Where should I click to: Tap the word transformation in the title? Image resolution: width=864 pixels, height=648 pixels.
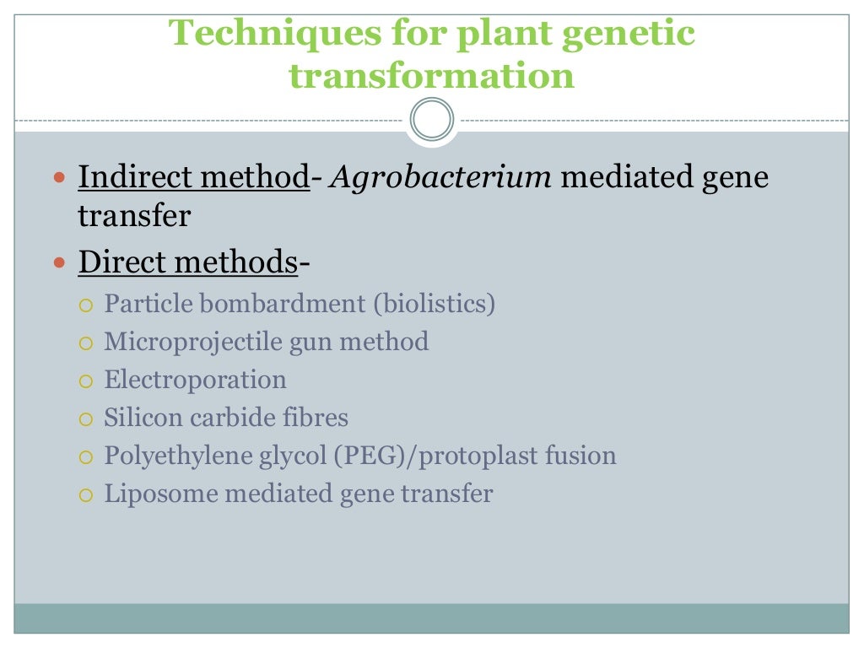(x=431, y=76)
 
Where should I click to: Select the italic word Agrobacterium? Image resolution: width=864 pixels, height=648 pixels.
(x=441, y=178)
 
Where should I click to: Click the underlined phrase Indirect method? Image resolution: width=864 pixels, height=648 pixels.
(x=193, y=178)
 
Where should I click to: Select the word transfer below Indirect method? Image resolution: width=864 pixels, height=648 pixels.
(x=134, y=216)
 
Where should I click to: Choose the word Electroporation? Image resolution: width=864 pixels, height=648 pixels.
(x=195, y=380)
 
